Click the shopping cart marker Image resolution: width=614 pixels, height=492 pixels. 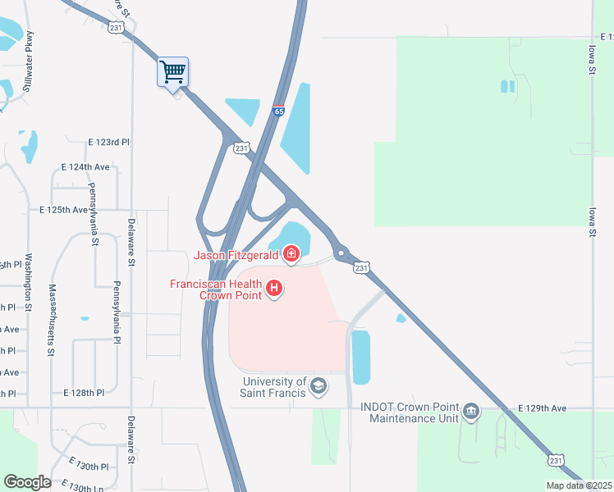tap(172, 72)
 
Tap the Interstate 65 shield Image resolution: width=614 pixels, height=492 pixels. tap(279, 112)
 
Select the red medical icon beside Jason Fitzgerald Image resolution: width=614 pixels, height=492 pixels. tap(291, 255)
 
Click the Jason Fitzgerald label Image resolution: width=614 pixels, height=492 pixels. tap(236, 255)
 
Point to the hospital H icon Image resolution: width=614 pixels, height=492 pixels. tap(275, 289)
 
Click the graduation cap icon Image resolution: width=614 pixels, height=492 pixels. tap(318, 386)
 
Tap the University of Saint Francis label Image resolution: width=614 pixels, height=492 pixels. tap(274, 387)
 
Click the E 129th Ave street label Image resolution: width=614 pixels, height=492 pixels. tap(542, 408)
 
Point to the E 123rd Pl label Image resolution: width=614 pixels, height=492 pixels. tap(108, 142)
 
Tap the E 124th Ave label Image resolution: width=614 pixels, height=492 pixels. tap(85, 166)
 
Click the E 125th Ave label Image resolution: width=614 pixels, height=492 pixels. tap(63, 210)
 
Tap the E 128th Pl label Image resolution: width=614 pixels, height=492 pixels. tap(84, 393)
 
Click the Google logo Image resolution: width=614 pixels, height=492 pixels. tap(27, 482)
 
